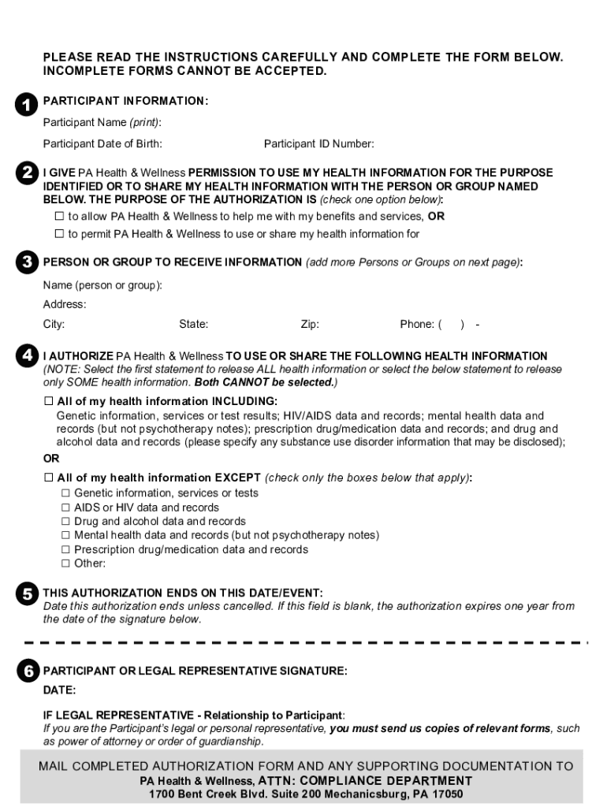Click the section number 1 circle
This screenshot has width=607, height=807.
[x=26, y=105]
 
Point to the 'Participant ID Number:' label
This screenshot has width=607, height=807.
[x=319, y=143]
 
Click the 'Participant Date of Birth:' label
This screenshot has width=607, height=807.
[x=102, y=143]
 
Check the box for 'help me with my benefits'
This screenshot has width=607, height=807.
[x=59, y=216]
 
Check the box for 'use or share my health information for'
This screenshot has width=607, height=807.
[x=59, y=233]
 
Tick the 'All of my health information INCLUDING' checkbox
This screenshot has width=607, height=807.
[x=48, y=401]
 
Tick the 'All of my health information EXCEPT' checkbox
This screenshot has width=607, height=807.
[x=48, y=478]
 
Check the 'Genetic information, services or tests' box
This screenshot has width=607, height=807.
[x=66, y=493]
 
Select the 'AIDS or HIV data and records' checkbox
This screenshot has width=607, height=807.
[x=66, y=508]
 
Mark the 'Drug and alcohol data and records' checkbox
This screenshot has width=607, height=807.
[x=66, y=521]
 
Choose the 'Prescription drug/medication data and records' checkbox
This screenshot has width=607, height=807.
[x=66, y=549]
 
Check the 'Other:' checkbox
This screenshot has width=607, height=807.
[x=66, y=563]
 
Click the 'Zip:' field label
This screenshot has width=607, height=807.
[x=310, y=324]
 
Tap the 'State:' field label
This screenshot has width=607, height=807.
[x=194, y=324]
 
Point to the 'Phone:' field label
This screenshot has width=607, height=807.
[x=417, y=324]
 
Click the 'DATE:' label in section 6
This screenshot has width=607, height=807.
[x=60, y=690]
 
